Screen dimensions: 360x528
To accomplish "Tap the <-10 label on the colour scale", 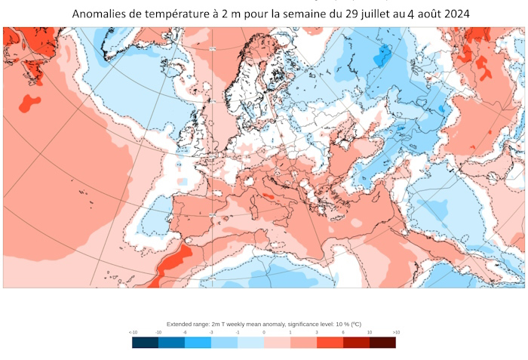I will (x=133, y=332).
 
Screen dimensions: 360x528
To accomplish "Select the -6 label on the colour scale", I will (x=185, y=332).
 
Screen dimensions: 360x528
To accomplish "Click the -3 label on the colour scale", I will (x=211, y=332).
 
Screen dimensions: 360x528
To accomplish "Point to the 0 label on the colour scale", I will (x=264, y=332).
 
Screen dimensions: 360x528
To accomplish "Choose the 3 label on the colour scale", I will (x=317, y=332).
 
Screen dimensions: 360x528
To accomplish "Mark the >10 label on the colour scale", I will (x=395, y=332).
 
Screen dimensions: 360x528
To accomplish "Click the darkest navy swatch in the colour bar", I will (x=145, y=342).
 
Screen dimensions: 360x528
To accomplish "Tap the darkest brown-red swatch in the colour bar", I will (x=382, y=342).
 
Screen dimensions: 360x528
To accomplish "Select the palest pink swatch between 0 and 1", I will (x=277, y=342).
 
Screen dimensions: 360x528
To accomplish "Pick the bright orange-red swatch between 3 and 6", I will (x=330, y=342).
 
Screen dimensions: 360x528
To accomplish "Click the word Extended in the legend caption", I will (x=178, y=324).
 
